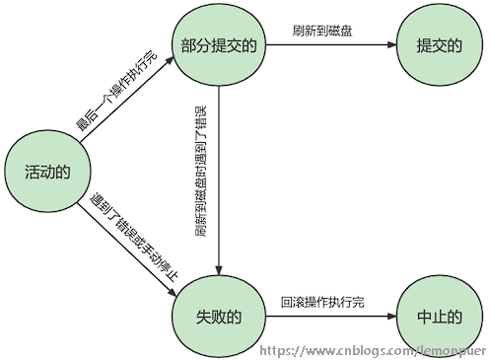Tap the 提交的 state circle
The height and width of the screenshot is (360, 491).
point(440,45)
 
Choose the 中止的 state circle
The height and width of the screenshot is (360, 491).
point(440,316)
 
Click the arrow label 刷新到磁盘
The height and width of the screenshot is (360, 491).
point(322,31)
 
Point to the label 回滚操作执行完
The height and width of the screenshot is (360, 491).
point(322,301)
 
